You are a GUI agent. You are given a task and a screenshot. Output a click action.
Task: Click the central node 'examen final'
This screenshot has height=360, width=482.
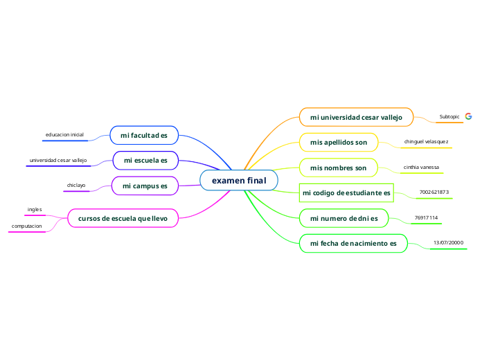coord(239,181)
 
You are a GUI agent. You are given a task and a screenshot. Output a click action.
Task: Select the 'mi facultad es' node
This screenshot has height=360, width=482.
coord(144,135)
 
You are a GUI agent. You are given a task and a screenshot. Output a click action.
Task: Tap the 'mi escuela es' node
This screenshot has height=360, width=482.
coord(145,161)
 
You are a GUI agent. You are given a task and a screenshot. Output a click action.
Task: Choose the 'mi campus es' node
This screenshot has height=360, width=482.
coord(145,186)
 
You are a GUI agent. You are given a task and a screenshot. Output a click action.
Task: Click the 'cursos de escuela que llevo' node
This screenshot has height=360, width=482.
coord(123,218)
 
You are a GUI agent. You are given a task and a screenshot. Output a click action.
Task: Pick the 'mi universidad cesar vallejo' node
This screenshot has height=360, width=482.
coord(356,117)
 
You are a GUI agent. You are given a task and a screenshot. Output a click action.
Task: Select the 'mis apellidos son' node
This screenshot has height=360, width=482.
coord(338,142)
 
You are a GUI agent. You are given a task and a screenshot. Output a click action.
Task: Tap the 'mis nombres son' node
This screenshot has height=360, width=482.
coord(338,168)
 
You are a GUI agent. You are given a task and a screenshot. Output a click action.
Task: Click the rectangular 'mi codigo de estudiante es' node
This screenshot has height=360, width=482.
coord(346,192)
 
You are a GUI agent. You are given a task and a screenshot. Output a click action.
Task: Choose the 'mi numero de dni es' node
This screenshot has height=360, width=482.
coord(343,218)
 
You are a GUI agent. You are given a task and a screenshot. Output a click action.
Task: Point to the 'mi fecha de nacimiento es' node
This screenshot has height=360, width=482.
coord(353,244)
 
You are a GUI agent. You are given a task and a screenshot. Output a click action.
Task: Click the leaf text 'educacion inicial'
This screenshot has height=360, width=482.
coord(64,134)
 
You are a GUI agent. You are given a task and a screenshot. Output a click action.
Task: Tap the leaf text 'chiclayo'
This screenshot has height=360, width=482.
coord(76,186)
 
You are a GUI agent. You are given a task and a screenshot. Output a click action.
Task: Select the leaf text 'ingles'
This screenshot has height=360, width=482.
coord(35,209)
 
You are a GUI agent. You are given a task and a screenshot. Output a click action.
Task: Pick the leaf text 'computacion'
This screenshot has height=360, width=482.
coord(27,226)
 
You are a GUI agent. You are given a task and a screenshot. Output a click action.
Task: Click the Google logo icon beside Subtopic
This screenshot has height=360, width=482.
coord(469,116)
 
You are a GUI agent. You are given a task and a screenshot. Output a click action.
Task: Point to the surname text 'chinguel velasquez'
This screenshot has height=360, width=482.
coord(426,142)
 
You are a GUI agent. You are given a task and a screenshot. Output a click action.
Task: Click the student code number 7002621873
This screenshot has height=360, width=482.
coord(434,192)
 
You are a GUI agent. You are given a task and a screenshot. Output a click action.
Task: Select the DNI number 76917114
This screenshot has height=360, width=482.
coord(426,218)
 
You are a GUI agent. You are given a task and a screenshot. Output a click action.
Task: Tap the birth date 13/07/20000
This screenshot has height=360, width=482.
coord(448,243)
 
